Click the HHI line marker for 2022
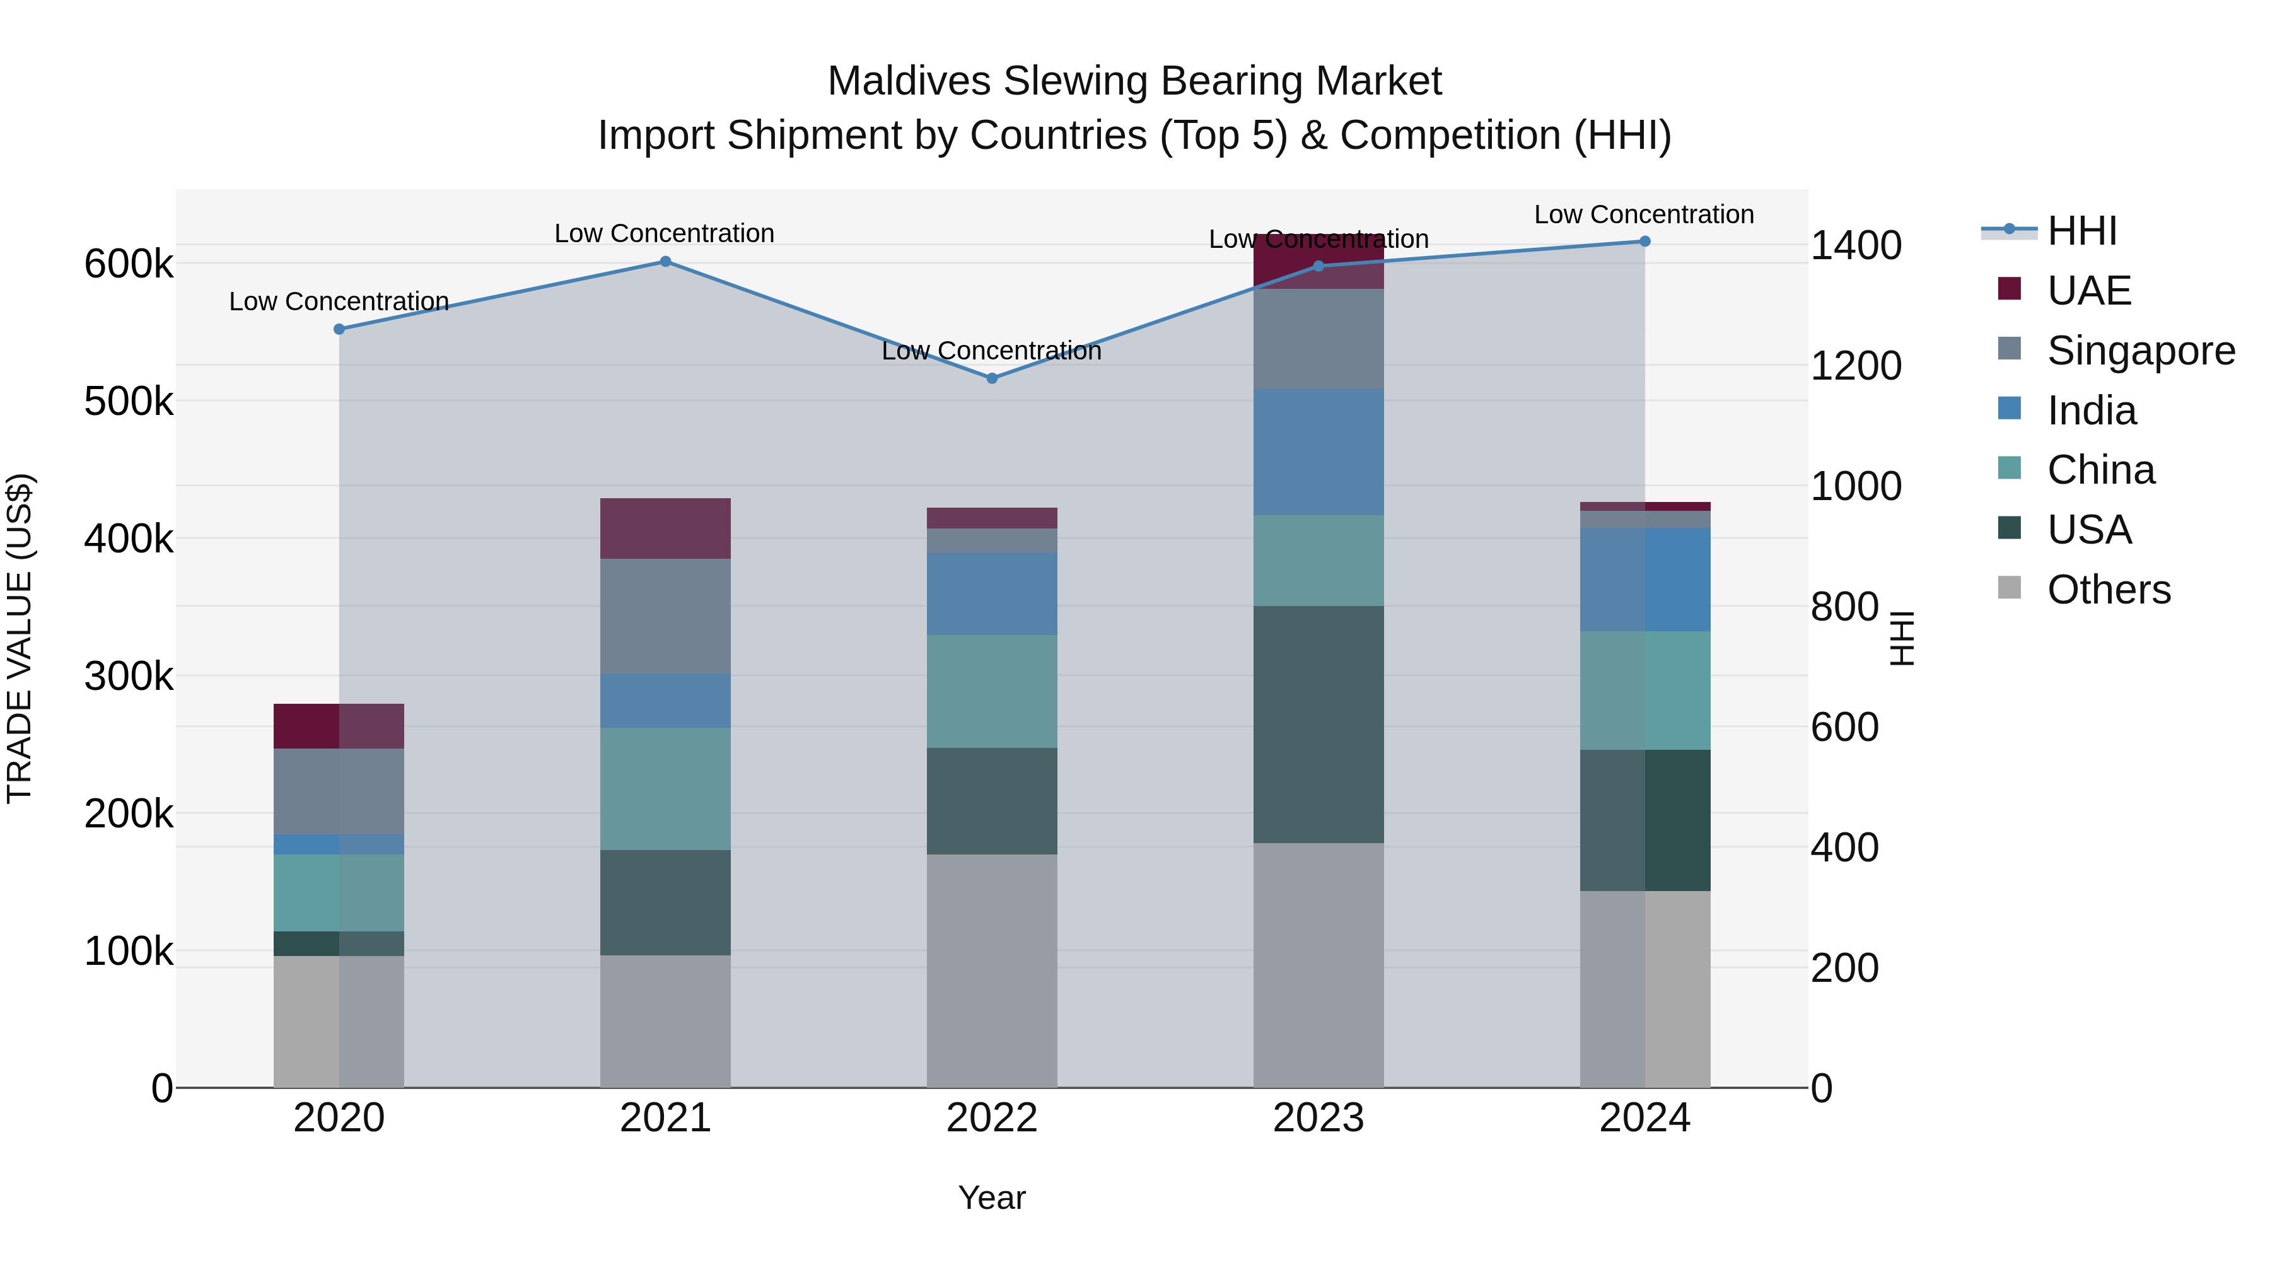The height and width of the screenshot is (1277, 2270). point(991,378)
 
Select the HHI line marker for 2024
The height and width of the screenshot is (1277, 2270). point(1644,242)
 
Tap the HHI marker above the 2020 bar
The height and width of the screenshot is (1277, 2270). point(339,329)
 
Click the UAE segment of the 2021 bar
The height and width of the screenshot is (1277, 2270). point(665,528)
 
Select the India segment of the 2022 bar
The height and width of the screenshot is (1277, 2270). point(991,593)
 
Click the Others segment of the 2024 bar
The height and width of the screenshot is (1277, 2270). point(1644,988)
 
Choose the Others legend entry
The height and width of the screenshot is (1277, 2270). point(2109,590)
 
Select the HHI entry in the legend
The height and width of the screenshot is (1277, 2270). point(2081,231)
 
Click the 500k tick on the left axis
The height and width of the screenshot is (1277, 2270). point(129,402)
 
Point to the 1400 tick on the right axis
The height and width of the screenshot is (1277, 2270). point(1856,245)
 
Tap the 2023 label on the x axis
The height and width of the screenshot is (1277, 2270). point(1318,1118)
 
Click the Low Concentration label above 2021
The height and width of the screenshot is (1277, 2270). point(665,233)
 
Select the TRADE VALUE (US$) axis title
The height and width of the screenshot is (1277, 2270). point(20,638)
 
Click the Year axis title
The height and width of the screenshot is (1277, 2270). point(991,1198)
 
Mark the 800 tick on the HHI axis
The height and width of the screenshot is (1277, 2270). point(1844,606)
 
